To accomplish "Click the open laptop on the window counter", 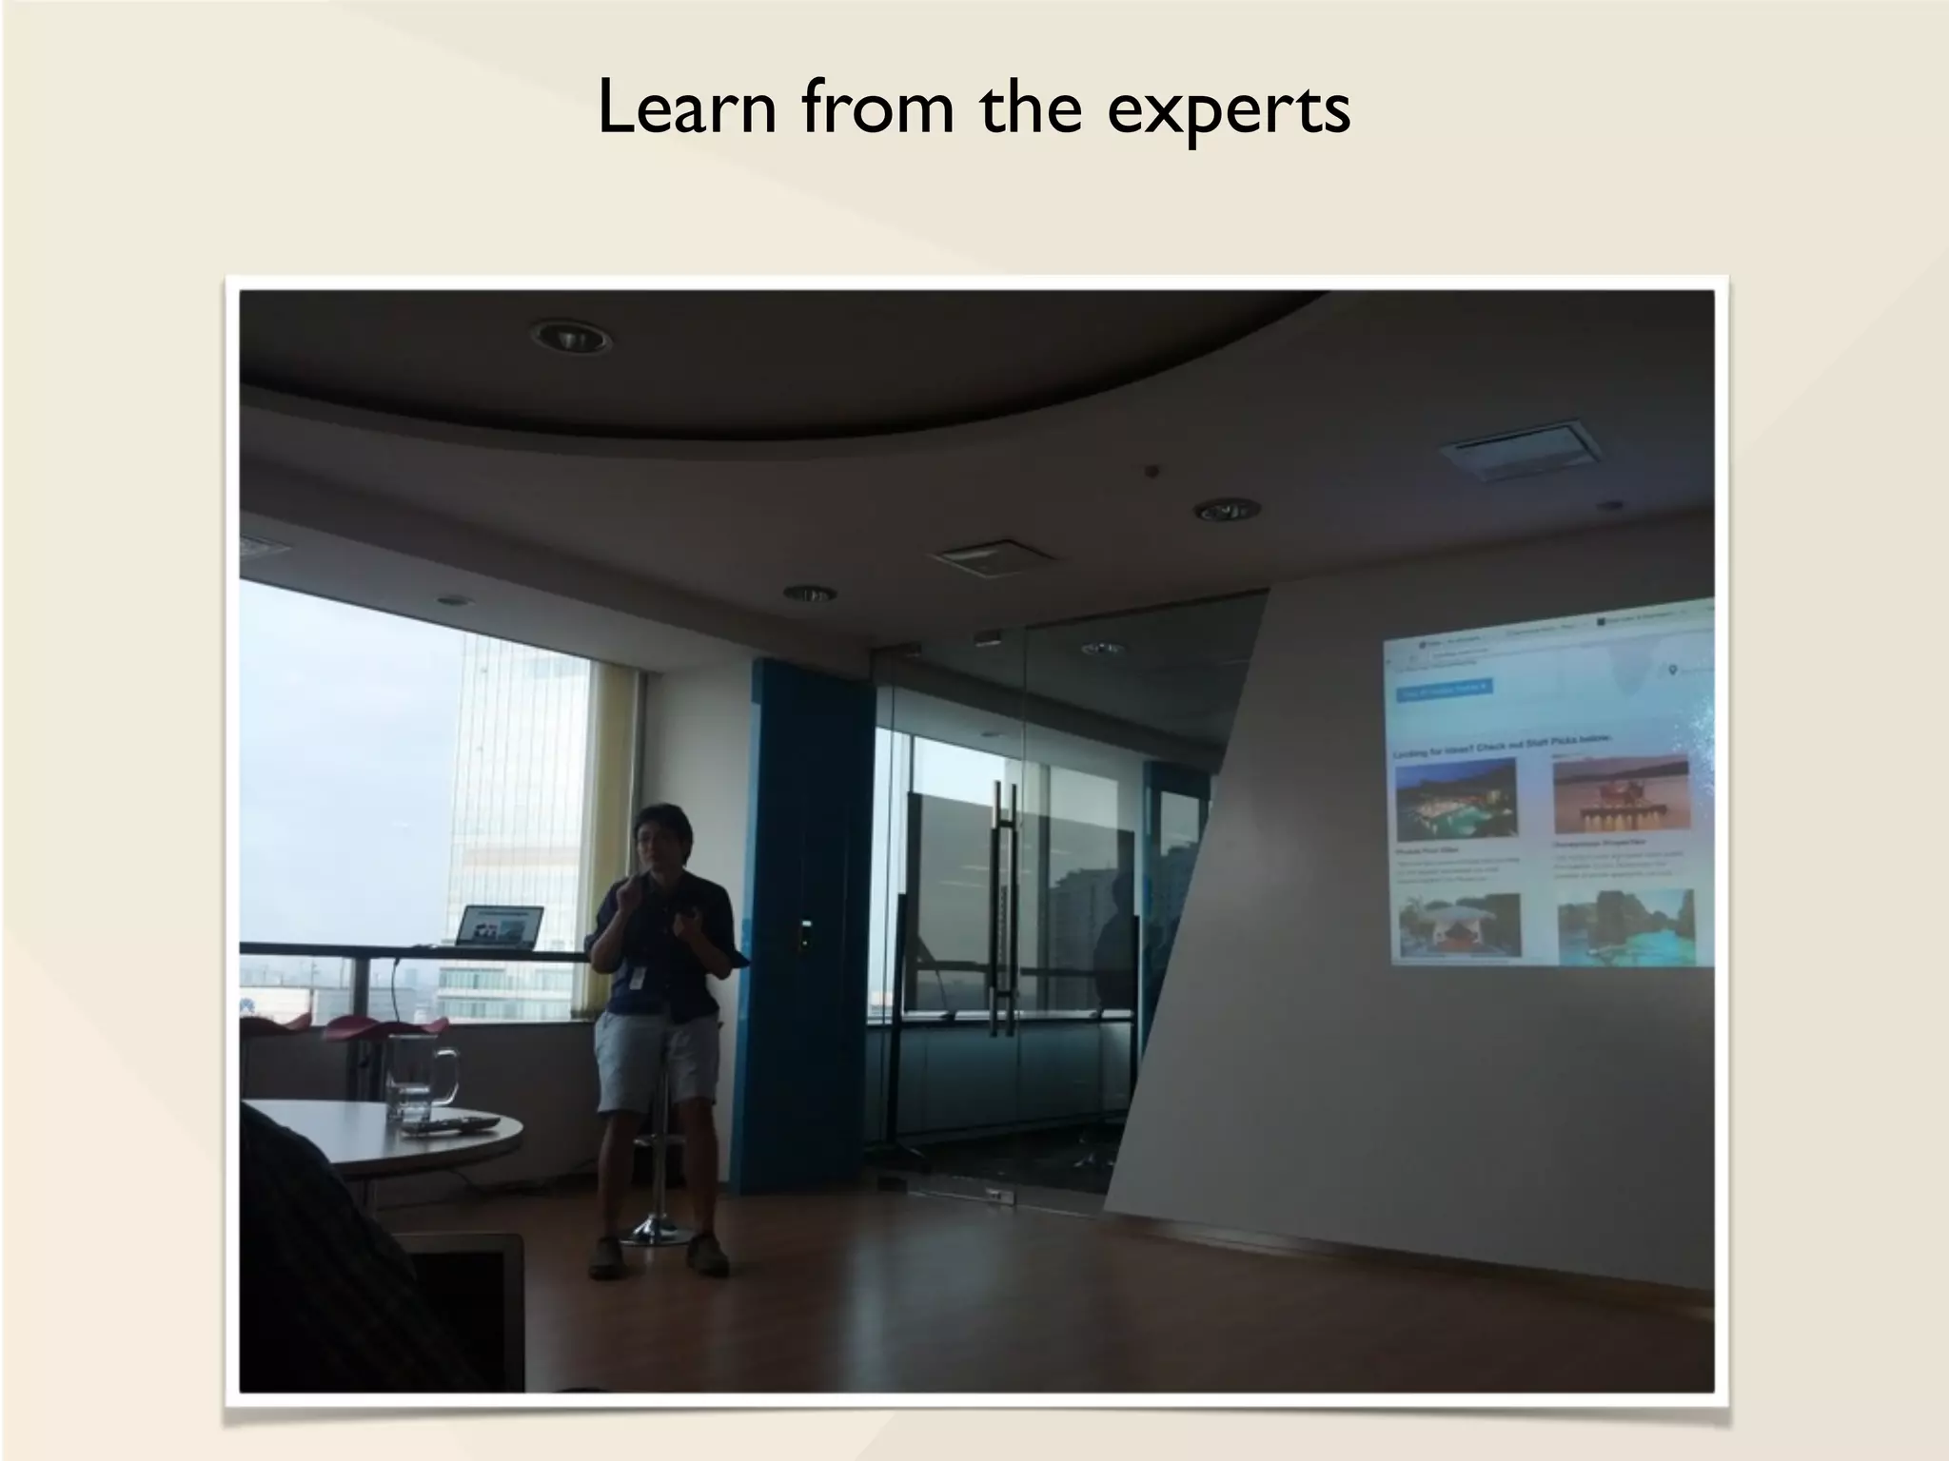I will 500,927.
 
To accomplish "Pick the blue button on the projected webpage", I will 1444,690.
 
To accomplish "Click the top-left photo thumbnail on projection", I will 1455,797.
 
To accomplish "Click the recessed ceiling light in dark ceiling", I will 570,336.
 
